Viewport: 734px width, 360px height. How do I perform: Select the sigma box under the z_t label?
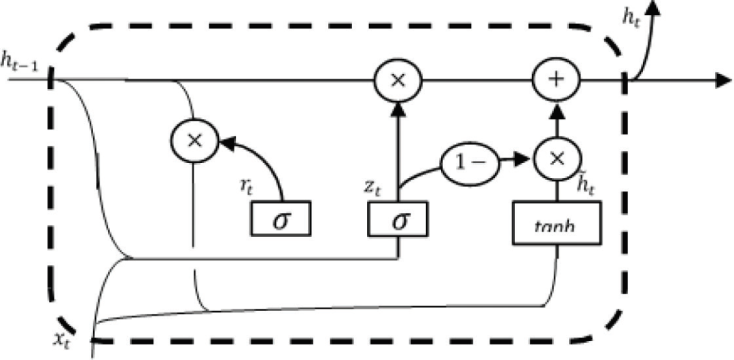398,218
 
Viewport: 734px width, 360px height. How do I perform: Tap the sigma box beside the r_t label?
280,218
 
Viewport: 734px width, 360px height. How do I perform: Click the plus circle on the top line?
558,79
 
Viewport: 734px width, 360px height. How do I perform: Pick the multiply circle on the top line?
398,79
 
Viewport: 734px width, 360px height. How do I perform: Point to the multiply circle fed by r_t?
194,140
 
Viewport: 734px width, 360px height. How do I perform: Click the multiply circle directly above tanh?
558,158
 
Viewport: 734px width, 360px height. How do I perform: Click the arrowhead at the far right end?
723,79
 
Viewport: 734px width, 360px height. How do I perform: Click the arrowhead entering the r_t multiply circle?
226,143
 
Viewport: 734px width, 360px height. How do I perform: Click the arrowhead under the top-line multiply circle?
398,108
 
